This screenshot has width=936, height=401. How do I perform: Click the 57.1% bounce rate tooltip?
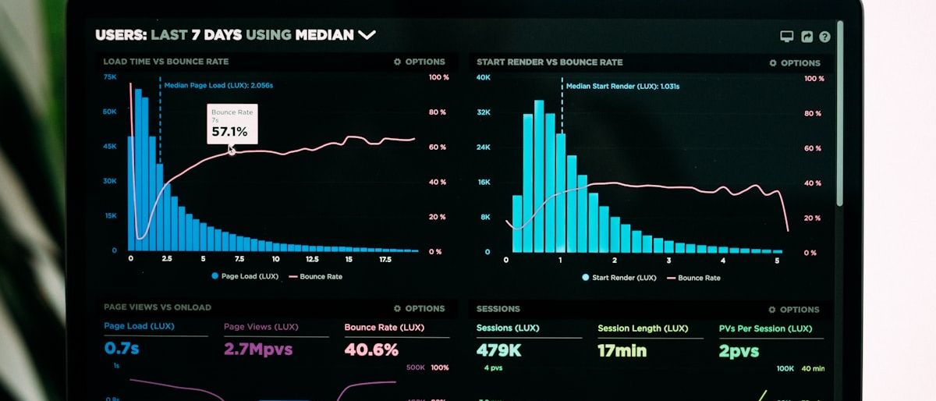pyautogui.click(x=232, y=124)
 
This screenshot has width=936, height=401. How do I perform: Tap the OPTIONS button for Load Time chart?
pyautogui.click(x=420, y=62)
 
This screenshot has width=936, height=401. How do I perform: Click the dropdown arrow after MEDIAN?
pyautogui.click(x=367, y=35)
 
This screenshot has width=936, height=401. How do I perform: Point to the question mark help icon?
pyautogui.click(x=824, y=37)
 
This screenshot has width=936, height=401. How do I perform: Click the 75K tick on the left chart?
pyautogui.click(x=110, y=77)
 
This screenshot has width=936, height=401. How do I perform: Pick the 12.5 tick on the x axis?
pyautogui.click(x=312, y=259)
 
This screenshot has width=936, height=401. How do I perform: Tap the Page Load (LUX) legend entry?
pyautogui.click(x=245, y=276)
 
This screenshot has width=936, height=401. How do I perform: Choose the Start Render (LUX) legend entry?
pyautogui.click(x=619, y=278)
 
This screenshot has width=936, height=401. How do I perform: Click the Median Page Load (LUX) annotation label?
pyautogui.click(x=218, y=86)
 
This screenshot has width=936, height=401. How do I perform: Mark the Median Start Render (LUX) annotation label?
pyautogui.click(x=622, y=87)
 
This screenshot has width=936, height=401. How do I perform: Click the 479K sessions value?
pyautogui.click(x=499, y=350)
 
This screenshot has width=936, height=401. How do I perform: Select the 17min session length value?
pyautogui.click(x=622, y=351)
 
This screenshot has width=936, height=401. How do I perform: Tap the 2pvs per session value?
pyautogui.click(x=739, y=352)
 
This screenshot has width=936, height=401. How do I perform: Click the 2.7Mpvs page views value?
pyautogui.click(x=258, y=349)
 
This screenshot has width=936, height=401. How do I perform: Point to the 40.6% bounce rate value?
pyautogui.click(x=371, y=350)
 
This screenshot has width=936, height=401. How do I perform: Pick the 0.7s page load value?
pyautogui.click(x=122, y=348)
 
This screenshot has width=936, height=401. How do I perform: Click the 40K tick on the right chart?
pyautogui.click(x=484, y=78)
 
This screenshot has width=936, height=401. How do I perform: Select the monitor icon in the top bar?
pyautogui.click(x=787, y=37)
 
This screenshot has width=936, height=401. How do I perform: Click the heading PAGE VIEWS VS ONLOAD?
pyautogui.click(x=158, y=307)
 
